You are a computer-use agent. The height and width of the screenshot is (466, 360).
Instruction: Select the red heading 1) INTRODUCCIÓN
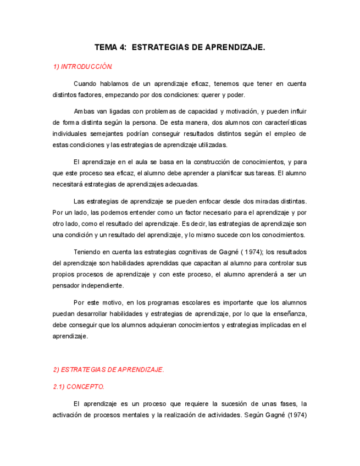82,67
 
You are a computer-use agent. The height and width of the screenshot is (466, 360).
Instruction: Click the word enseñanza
287,314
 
